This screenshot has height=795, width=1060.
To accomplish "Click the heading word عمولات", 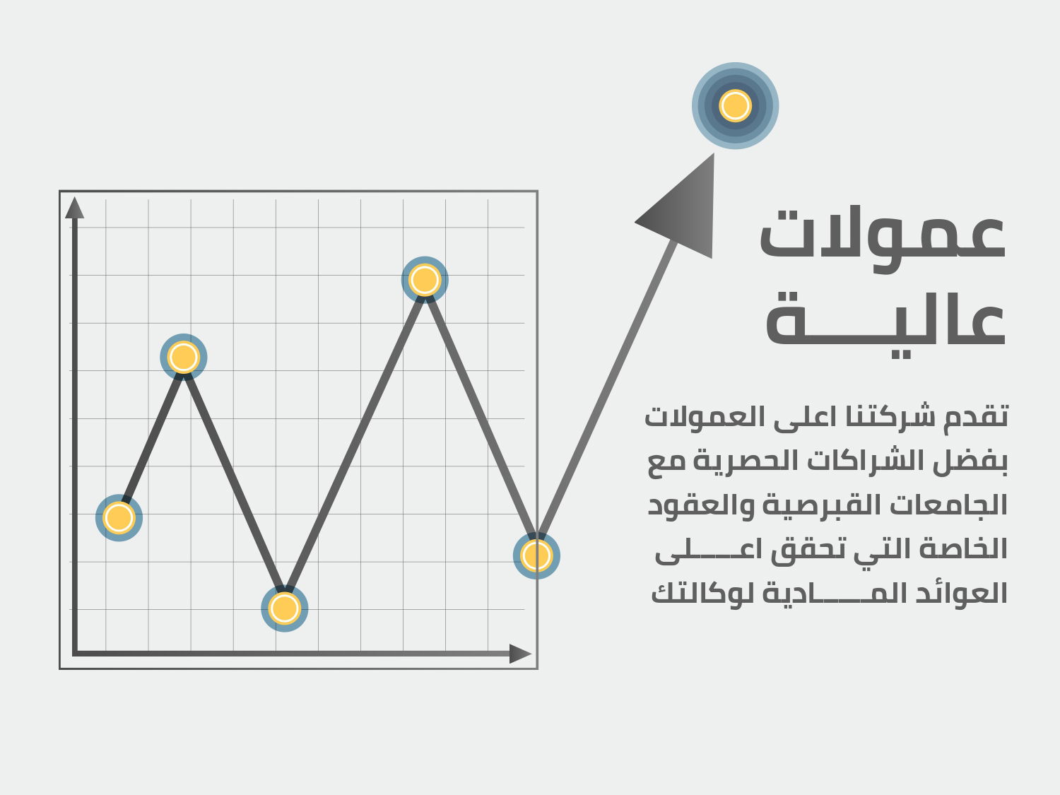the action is [882, 240].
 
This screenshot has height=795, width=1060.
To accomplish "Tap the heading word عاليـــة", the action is [885, 325].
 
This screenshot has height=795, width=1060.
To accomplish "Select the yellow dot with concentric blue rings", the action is [735, 106].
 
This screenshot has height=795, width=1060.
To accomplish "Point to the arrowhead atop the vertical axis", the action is [74, 208].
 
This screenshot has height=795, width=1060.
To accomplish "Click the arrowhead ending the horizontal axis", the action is [520, 654].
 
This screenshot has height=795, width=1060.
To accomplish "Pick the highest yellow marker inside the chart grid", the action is [425, 280].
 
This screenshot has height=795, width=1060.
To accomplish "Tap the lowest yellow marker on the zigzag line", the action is [285, 608].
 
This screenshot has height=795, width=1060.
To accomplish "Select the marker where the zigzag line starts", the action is [119, 518].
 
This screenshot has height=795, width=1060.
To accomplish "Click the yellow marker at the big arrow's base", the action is [536, 555].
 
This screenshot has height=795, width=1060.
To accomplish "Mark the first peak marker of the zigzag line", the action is [184, 357].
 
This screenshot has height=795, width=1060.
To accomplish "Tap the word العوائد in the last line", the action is [962, 593].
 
